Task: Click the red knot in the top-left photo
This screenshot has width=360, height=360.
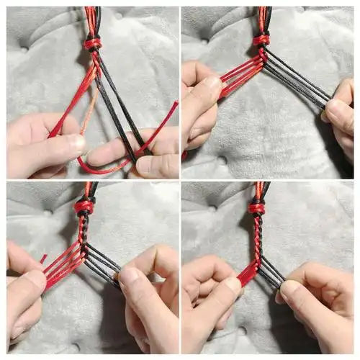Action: pyautogui.click(x=92, y=43)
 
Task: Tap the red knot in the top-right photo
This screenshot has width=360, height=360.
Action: pyautogui.click(x=261, y=40)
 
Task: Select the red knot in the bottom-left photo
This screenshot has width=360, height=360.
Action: pyautogui.click(x=84, y=207)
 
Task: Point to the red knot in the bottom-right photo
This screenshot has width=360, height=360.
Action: pyautogui.click(x=257, y=208)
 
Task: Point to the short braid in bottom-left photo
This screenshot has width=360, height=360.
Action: pyautogui.click(x=84, y=230)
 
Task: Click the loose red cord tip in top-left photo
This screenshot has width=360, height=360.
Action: pyautogui.click(x=174, y=106)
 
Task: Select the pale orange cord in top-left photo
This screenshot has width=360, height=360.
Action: pyautogui.click(x=89, y=108)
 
